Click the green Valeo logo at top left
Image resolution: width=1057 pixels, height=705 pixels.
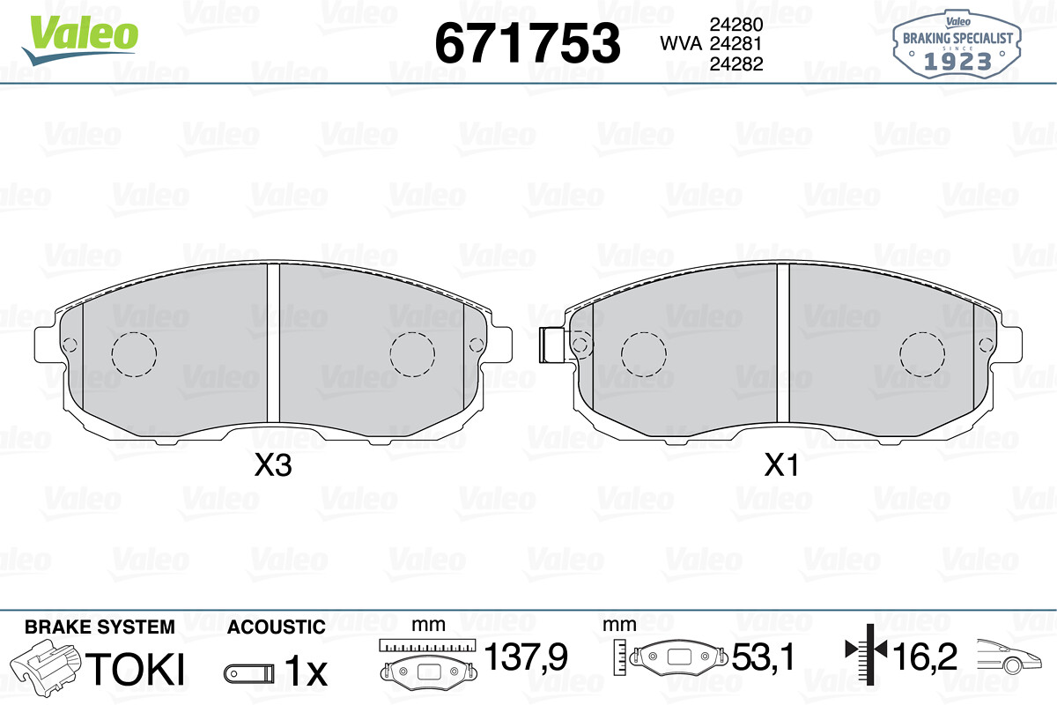[80, 40]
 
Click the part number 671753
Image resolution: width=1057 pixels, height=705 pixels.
[527, 43]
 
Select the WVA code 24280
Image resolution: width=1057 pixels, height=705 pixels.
[736, 24]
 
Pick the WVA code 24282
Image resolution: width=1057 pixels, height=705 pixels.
[736, 63]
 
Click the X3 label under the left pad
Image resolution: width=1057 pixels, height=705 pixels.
[273, 465]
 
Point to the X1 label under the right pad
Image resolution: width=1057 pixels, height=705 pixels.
[781, 465]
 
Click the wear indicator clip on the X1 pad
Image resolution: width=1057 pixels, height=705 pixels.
[552, 345]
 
